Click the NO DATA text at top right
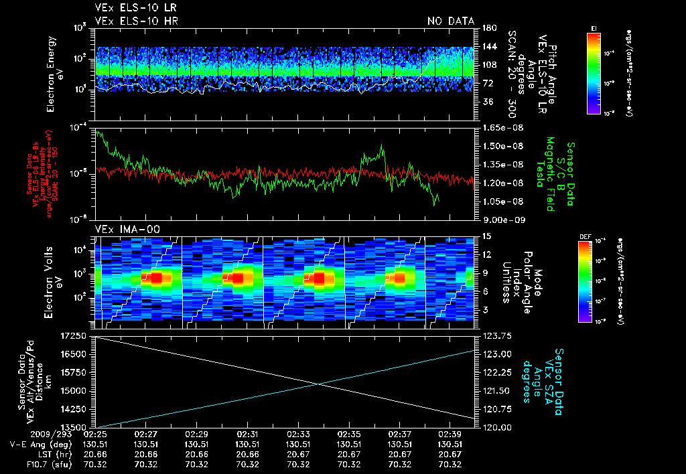point(450,21)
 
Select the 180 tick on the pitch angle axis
point(488,28)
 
